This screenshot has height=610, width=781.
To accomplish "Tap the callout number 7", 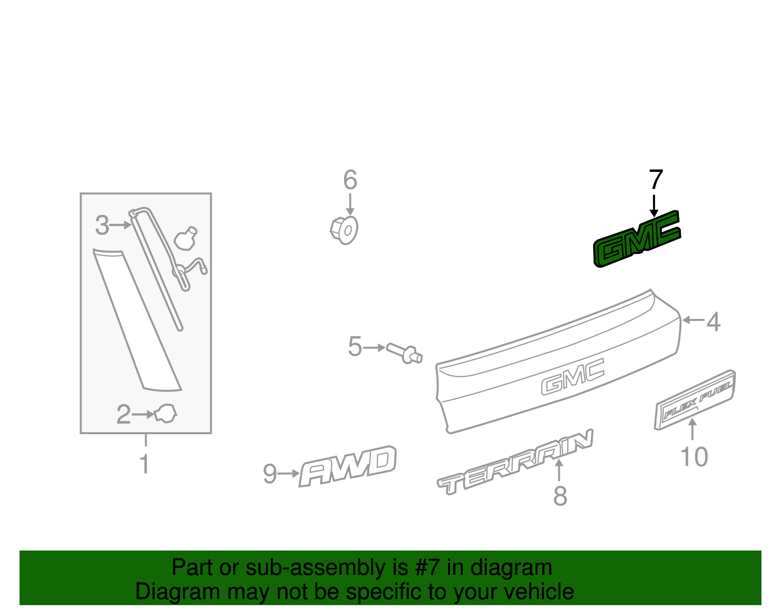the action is point(656,180).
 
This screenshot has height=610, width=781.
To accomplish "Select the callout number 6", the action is point(350,180).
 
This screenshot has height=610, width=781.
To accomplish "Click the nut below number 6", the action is point(344,231).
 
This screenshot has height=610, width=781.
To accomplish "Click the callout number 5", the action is point(355,347).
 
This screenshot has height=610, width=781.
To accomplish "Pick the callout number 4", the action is point(714,322).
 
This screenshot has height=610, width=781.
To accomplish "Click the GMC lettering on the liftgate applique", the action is point(573,377).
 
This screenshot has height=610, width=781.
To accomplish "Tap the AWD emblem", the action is point(348,466).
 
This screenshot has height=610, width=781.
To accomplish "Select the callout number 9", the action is point(270,474).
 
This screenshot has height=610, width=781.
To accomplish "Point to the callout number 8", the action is point(560,496).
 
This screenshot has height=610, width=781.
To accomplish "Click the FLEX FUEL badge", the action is point(695,400).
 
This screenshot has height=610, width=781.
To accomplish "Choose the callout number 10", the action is point(694,457).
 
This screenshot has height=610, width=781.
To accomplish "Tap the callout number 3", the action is point(102,225).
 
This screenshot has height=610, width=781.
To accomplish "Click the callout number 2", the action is point(123,415).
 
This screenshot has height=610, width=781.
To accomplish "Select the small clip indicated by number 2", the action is point(165,414).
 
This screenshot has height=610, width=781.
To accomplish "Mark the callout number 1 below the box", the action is point(144,464).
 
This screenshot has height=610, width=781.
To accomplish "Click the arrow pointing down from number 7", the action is point(654,206).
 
